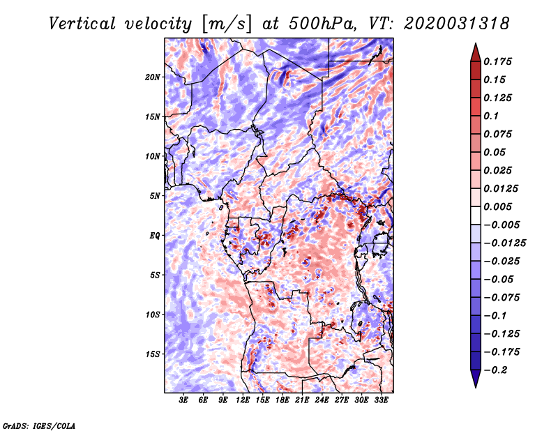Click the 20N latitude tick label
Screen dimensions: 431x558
(x=153, y=77)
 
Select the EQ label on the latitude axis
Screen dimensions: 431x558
(x=154, y=236)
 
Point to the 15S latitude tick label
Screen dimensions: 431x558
(x=153, y=354)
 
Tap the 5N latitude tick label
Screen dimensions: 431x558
(x=155, y=196)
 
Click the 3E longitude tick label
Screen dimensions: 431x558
(x=184, y=401)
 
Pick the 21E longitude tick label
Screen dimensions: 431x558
(x=302, y=401)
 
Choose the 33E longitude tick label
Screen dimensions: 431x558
(x=381, y=401)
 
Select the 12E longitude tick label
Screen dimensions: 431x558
(x=243, y=401)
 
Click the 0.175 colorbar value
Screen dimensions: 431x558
(x=499, y=61)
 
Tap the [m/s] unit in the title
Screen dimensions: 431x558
(x=225, y=24)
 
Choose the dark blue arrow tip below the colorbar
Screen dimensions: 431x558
(x=474, y=381)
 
